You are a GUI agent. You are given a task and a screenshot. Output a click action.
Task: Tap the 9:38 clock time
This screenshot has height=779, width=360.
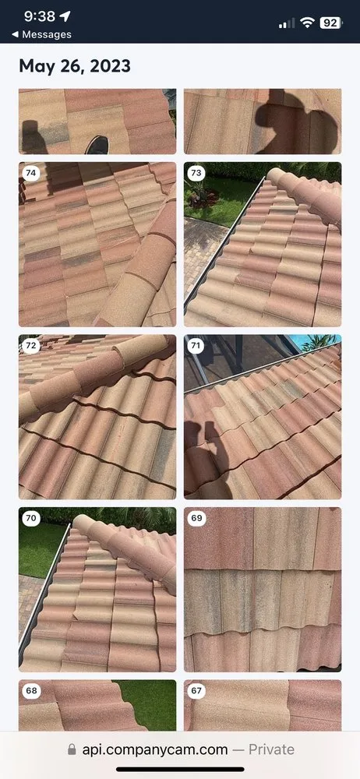pos(39,16)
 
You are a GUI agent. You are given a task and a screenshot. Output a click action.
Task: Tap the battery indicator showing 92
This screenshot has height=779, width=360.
pos(330,23)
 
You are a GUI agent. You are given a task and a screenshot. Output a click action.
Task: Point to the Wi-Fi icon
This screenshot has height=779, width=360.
pos(307,23)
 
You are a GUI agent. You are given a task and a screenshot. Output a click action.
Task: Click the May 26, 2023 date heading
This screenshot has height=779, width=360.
pos(75,66)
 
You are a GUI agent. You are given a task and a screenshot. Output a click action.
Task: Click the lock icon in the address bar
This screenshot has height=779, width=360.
pos(72,749)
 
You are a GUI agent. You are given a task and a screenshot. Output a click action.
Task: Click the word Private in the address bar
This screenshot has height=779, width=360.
pos(271,749)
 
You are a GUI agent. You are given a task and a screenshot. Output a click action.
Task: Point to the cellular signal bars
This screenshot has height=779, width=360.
pos(287,23)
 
